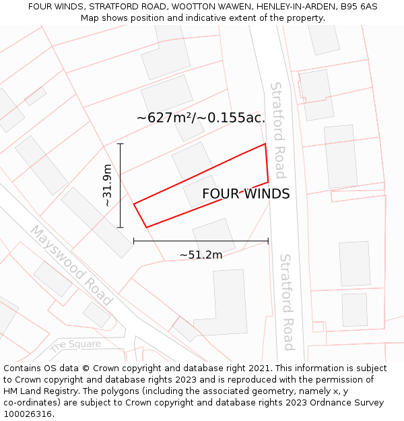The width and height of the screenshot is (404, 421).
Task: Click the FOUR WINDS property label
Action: tap(246, 194)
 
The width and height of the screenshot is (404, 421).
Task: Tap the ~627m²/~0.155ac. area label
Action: tap(201, 118)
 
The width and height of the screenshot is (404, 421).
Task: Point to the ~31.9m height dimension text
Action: tap(107, 185)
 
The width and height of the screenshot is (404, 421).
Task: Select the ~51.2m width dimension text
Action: tap(201, 255)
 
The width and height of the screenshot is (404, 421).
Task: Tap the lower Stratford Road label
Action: tap(287, 302)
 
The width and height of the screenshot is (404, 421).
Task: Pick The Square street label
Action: tap(75, 345)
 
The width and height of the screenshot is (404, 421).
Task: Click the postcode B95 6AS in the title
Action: tap(358, 7)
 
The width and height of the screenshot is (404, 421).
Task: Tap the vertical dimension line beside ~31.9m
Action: tap(121, 185)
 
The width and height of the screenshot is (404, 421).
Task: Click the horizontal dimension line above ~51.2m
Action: tap(201, 240)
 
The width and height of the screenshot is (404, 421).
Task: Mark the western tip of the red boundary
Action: tap(134, 203)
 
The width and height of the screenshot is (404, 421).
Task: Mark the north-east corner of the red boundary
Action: tap(265, 143)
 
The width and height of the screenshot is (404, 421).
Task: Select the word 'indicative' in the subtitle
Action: tap(193, 18)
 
